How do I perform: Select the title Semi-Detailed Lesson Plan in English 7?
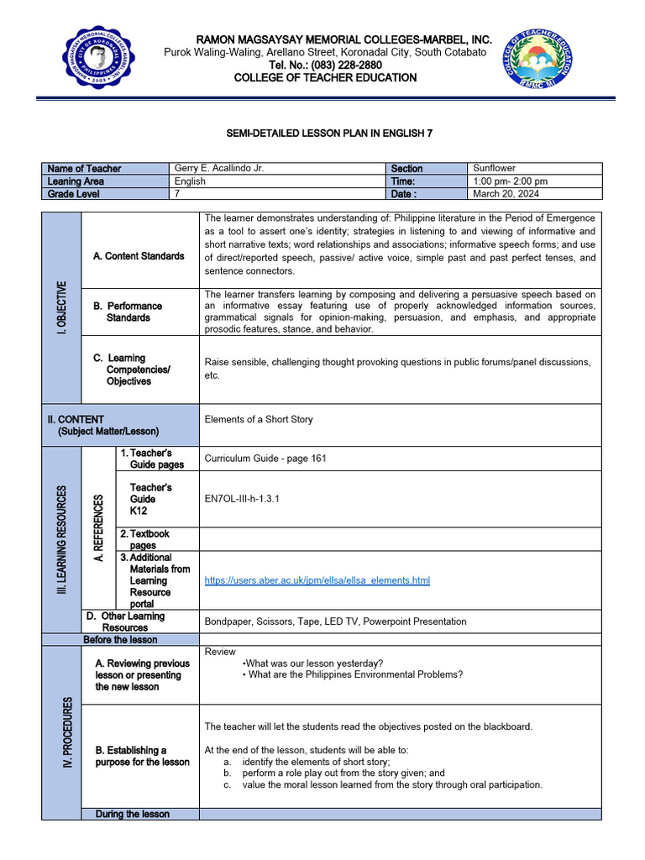click(x=323, y=133)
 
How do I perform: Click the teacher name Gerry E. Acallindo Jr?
click(x=218, y=169)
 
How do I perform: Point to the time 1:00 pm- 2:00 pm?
click(x=510, y=181)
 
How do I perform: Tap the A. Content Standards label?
click(x=139, y=256)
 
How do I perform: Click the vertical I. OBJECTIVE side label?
click(x=61, y=307)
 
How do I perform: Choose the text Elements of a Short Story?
click(x=259, y=420)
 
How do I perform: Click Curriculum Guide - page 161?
click(x=265, y=459)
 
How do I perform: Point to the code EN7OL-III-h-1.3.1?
click(x=242, y=499)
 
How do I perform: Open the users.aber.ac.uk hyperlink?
click(x=317, y=580)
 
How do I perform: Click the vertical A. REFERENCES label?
click(x=97, y=528)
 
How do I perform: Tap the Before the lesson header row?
click(x=120, y=640)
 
